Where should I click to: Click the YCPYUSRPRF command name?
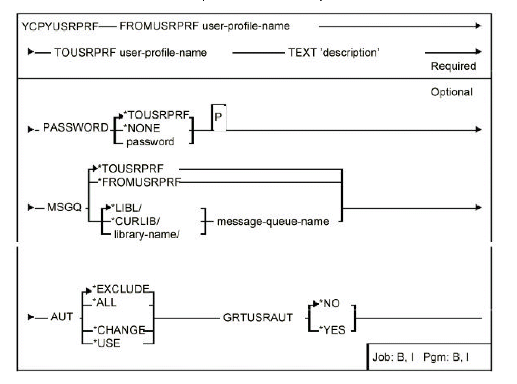pos(60,27)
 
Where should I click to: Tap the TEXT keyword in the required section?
pos(302,52)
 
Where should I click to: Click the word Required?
pos(453,66)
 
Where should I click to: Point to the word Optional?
pos(452,92)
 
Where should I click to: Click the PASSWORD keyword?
pos(75,128)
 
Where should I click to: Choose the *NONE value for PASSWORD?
pos(142,128)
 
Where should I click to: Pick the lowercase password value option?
pos(150,142)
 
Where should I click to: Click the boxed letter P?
pos(218,117)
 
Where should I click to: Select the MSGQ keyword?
pos(64,207)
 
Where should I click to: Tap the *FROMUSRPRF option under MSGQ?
pos(139,182)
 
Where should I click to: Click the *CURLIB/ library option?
pos(136,221)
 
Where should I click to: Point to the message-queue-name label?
pos(273,222)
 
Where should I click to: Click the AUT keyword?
pos(62,317)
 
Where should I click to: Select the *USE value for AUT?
pos(107,343)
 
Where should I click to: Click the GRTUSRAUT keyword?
pos(258,318)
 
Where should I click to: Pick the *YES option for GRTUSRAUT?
pos(332,330)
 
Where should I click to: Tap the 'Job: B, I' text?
pos(393,357)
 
